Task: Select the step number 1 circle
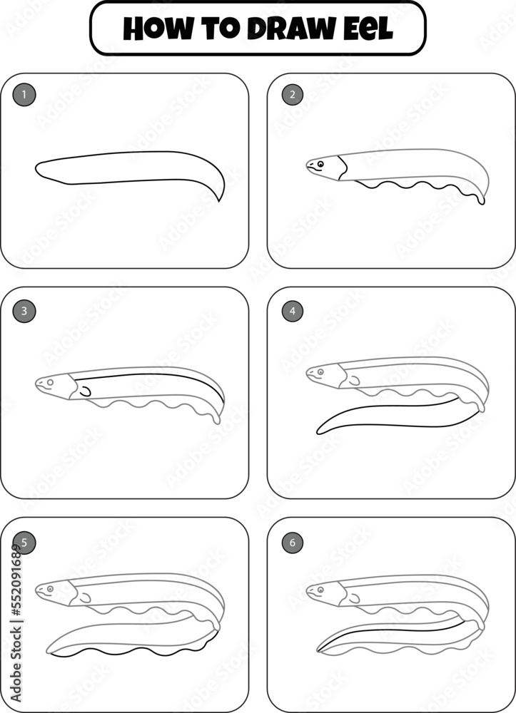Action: [24, 94]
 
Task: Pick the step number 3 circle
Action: [24, 311]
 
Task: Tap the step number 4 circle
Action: [292, 311]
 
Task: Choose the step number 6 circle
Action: [292, 543]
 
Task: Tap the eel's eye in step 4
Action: [320, 371]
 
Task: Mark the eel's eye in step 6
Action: [320, 589]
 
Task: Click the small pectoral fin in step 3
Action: [85, 391]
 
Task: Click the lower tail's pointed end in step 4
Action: [318, 433]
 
